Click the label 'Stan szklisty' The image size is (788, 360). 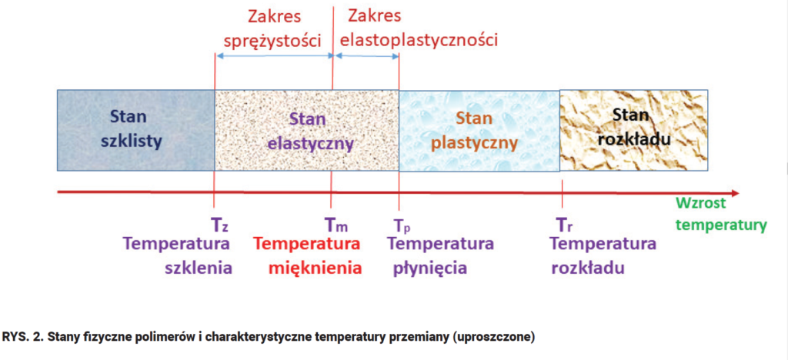pos(131,129)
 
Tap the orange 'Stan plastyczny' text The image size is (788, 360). pos(475,132)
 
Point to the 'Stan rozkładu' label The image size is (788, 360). pos(634,127)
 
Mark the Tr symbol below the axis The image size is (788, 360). pos(564,224)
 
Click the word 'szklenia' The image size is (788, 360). pos(199,268)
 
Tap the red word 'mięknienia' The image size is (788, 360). pos(315,268)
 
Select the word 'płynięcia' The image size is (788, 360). pos(429,268)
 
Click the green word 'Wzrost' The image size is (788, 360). pos(701,203)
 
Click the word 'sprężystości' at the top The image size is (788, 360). pos(272,40)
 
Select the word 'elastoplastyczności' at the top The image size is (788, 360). pos(419,39)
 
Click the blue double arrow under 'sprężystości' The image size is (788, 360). pos(275,56)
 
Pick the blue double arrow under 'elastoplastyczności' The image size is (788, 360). pos(366,56)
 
